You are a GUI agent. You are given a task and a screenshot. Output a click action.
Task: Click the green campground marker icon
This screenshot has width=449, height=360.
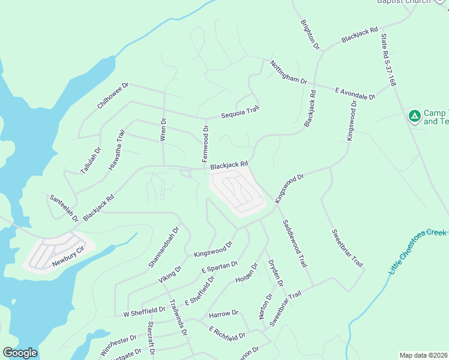[414, 116]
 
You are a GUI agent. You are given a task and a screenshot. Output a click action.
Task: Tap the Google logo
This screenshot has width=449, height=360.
[20, 353]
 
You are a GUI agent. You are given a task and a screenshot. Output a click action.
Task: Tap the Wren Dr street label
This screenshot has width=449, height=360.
[163, 129]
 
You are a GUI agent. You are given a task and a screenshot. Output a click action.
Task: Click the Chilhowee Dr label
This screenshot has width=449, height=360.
[113, 96]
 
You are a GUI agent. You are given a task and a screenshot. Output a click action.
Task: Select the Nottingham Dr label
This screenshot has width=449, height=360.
[288, 72]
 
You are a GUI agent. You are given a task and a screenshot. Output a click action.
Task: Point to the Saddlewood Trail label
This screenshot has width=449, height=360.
[295, 243]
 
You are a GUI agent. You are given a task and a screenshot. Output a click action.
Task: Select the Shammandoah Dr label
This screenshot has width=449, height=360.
[164, 247]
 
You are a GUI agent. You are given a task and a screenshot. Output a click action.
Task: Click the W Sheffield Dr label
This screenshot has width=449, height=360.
[144, 311]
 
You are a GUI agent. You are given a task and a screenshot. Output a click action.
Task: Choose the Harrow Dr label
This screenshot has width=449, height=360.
[224, 313]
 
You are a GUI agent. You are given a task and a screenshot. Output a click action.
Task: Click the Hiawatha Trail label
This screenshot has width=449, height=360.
[117, 150]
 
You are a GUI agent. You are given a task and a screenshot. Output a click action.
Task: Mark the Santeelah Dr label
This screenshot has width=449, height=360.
[64, 208]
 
